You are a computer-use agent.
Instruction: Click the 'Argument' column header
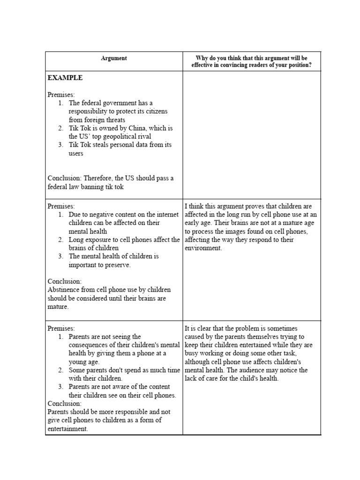(114, 59)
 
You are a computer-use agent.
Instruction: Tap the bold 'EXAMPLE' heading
(65, 78)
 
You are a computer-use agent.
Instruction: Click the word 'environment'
(203, 248)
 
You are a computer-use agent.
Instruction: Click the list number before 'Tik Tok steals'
(61, 145)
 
